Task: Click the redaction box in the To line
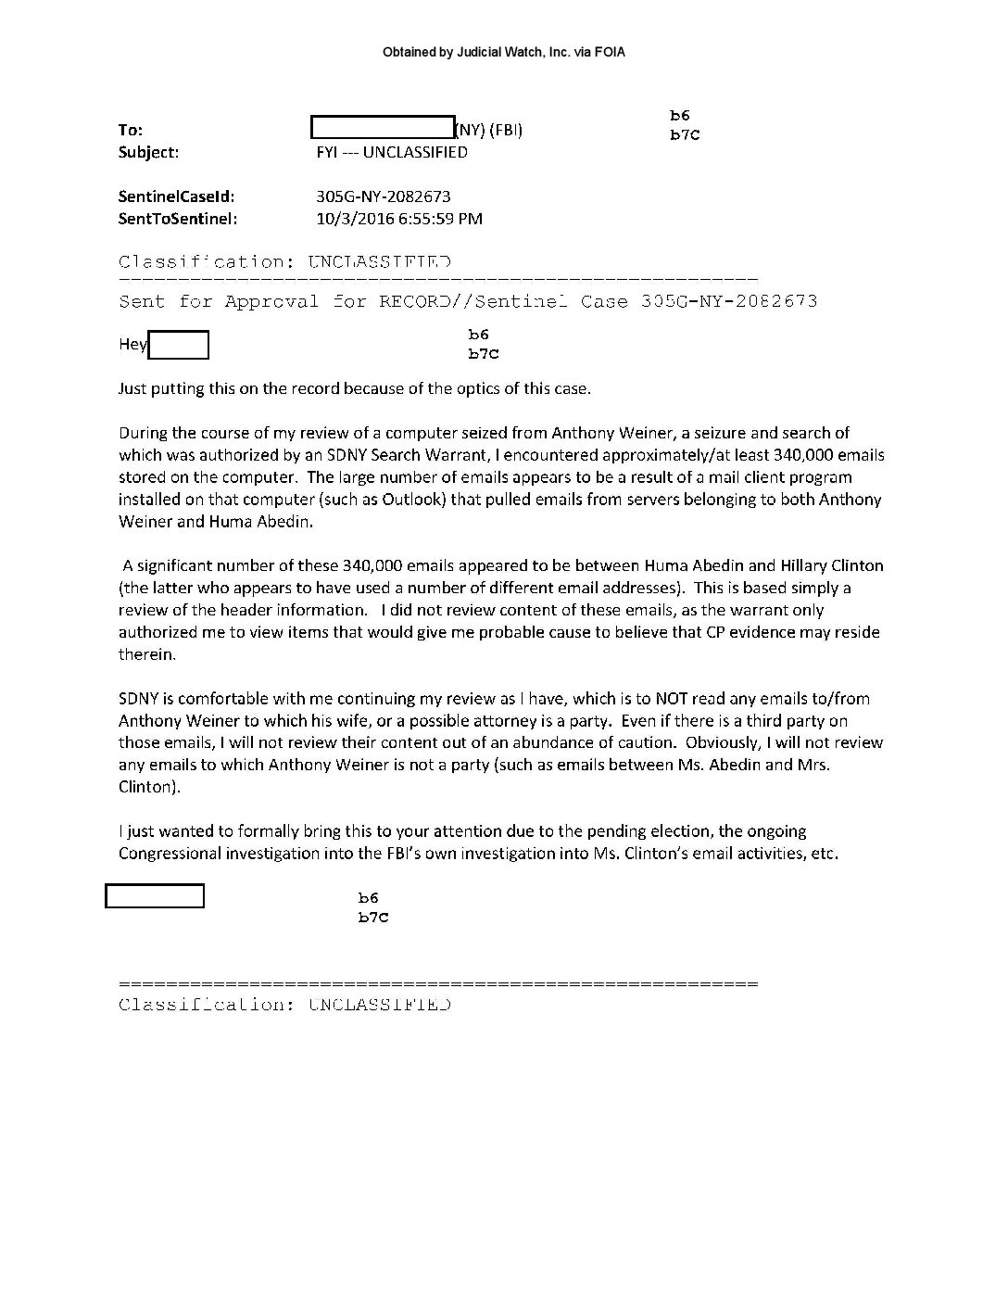tap(382, 128)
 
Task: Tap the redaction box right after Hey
tap(179, 345)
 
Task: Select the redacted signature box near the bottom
tap(155, 896)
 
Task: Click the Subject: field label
tap(148, 152)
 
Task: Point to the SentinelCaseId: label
tap(176, 196)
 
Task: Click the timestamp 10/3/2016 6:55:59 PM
tap(399, 219)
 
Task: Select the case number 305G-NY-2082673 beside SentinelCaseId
tap(384, 196)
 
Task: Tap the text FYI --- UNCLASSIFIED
tap(392, 152)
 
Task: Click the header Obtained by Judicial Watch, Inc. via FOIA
tap(504, 53)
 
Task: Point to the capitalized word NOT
tap(672, 699)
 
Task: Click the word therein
tap(146, 654)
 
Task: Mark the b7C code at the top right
tap(685, 135)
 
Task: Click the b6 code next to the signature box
tap(368, 897)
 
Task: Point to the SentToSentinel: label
tap(178, 219)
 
